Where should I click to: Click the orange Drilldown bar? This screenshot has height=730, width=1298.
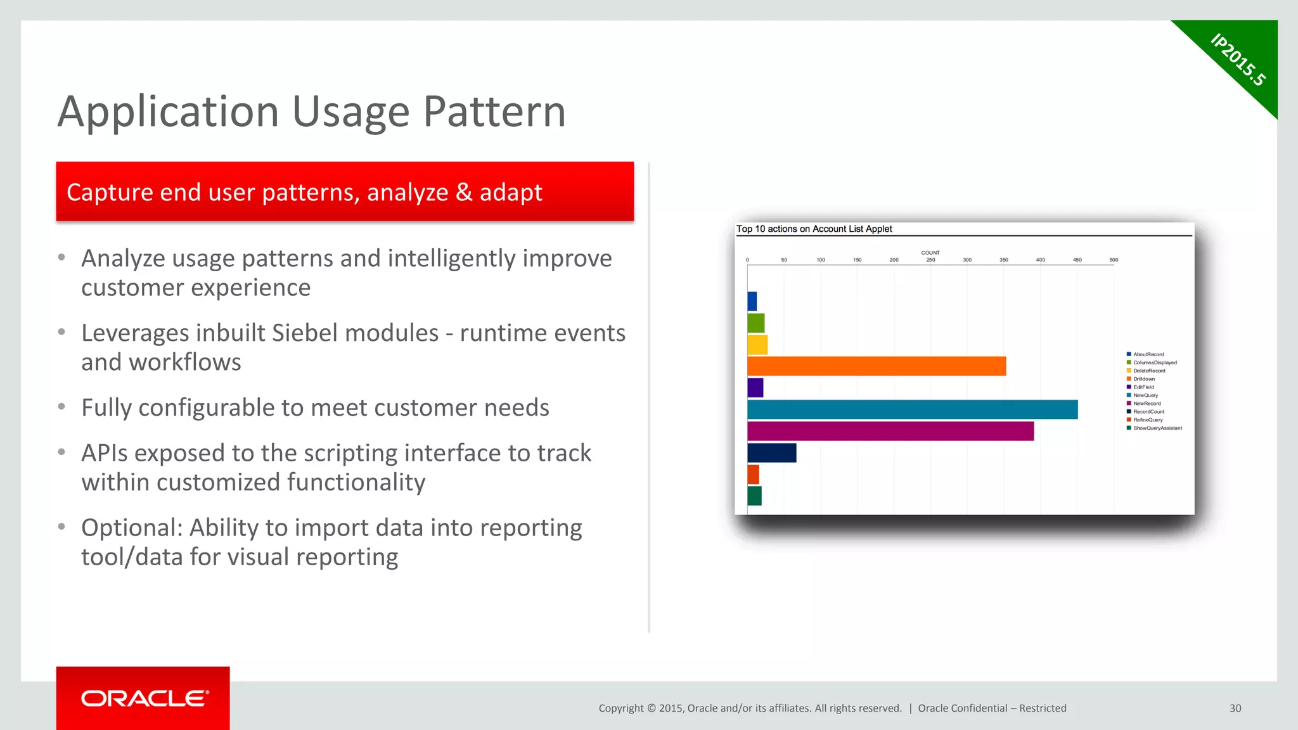click(876, 366)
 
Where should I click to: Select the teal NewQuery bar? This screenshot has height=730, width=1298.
click(912, 409)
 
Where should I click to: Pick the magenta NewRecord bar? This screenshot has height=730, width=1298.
click(890, 432)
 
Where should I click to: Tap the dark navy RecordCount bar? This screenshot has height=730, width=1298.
click(771, 453)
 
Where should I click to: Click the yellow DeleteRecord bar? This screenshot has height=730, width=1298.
click(757, 345)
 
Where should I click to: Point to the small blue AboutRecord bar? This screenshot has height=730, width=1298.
click(752, 302)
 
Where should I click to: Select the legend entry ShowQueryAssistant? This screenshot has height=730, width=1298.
click(1157, 428)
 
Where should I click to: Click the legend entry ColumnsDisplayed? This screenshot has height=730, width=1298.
click(1154, 362)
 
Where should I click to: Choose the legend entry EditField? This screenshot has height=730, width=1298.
click(1143, 387)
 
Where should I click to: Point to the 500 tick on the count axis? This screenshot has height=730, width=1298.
click(1114, 260)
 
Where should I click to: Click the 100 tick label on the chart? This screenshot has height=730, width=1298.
click(821, 260)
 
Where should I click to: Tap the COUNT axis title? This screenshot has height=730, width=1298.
click(930, 253)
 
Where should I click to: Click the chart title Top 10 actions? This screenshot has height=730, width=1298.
click(814, 229)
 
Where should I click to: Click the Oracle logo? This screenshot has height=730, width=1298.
click(144, 698)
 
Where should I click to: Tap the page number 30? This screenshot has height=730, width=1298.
click(1235, 708)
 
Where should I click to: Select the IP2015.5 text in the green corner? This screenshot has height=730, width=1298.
click(1237, 60)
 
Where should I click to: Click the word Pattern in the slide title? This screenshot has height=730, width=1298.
click(494, 112)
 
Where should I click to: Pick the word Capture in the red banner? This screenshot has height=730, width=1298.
click(109, 193)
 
